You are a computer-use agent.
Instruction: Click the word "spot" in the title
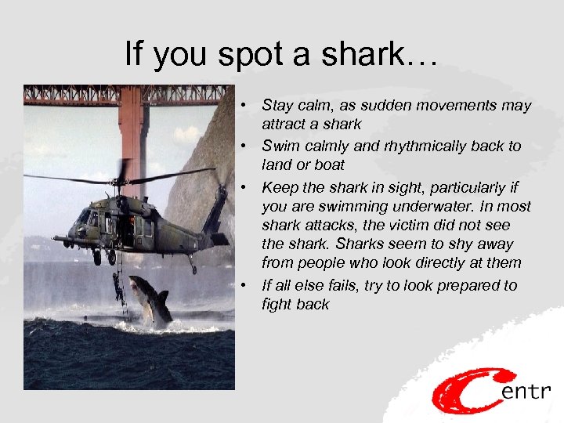tap(240, 55)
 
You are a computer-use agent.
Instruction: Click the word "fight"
tap(277, 305)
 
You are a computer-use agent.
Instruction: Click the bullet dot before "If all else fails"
tap(245, 285)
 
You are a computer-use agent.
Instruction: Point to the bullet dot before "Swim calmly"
tap(245, 146)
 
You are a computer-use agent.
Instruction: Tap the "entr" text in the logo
tap(527, 390)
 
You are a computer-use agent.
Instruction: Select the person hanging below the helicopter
tap(117, 287)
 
